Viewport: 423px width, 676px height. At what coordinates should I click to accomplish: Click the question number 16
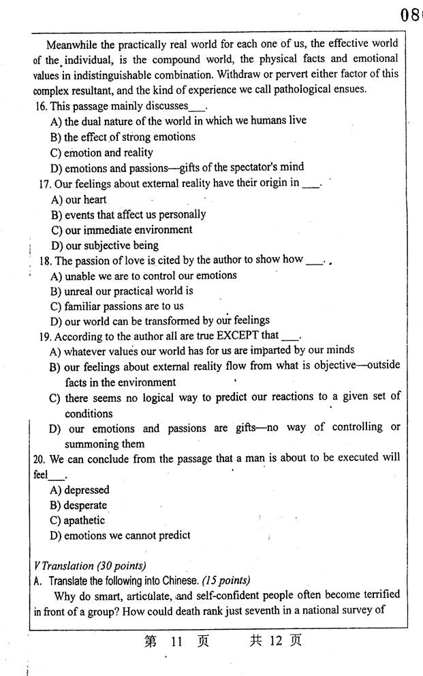[x=40, y=106]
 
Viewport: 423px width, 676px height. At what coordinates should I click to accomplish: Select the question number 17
[x=44, y=184]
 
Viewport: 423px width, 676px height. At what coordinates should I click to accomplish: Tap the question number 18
[x=46, y=260]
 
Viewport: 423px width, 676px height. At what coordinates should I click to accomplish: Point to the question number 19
[x=46, y=337]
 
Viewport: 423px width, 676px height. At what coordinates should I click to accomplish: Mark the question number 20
[x=38, y=459]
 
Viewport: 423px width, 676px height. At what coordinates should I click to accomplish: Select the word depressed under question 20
[x=87, y=490]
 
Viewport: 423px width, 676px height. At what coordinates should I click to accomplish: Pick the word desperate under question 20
[x=86, y=505]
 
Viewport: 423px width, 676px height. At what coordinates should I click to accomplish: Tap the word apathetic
[x=84, y=520]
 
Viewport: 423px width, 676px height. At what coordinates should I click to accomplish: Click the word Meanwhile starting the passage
[x=71, y=44]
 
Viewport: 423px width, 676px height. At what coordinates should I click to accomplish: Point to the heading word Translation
[x=67, y=566]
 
